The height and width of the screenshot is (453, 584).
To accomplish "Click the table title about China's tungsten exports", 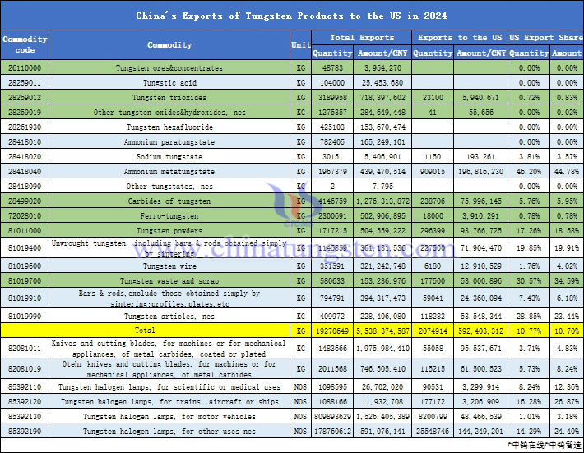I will pos(291,16).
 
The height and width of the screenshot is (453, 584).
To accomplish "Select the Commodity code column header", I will pos(25,44).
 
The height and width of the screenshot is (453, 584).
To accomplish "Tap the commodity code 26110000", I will pos(25,68).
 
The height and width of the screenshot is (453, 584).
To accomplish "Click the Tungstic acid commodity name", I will pos(169,83).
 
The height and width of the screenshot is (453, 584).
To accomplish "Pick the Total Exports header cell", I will pos(361,38).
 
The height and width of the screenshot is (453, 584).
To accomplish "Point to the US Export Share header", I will pos(545,38).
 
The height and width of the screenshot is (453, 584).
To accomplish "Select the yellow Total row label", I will pos(169,331).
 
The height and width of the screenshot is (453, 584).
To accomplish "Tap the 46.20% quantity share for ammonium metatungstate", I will pos(525,172).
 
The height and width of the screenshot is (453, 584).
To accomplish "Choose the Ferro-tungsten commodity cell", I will pos(169,216).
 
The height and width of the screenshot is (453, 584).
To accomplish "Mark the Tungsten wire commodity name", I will pos(169,266).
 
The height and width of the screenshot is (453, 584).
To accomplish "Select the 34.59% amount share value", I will pos(566,280).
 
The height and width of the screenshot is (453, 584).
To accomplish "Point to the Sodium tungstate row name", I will pos(169,157).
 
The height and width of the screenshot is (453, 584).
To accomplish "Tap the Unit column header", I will pos(300,44).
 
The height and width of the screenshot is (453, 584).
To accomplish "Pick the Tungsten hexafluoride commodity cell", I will pos(169,127).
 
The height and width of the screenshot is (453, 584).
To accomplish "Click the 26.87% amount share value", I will pos(566,401).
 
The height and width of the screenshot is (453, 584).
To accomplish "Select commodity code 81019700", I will pos(25,280).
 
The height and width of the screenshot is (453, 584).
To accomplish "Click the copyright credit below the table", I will pos(542,444).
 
